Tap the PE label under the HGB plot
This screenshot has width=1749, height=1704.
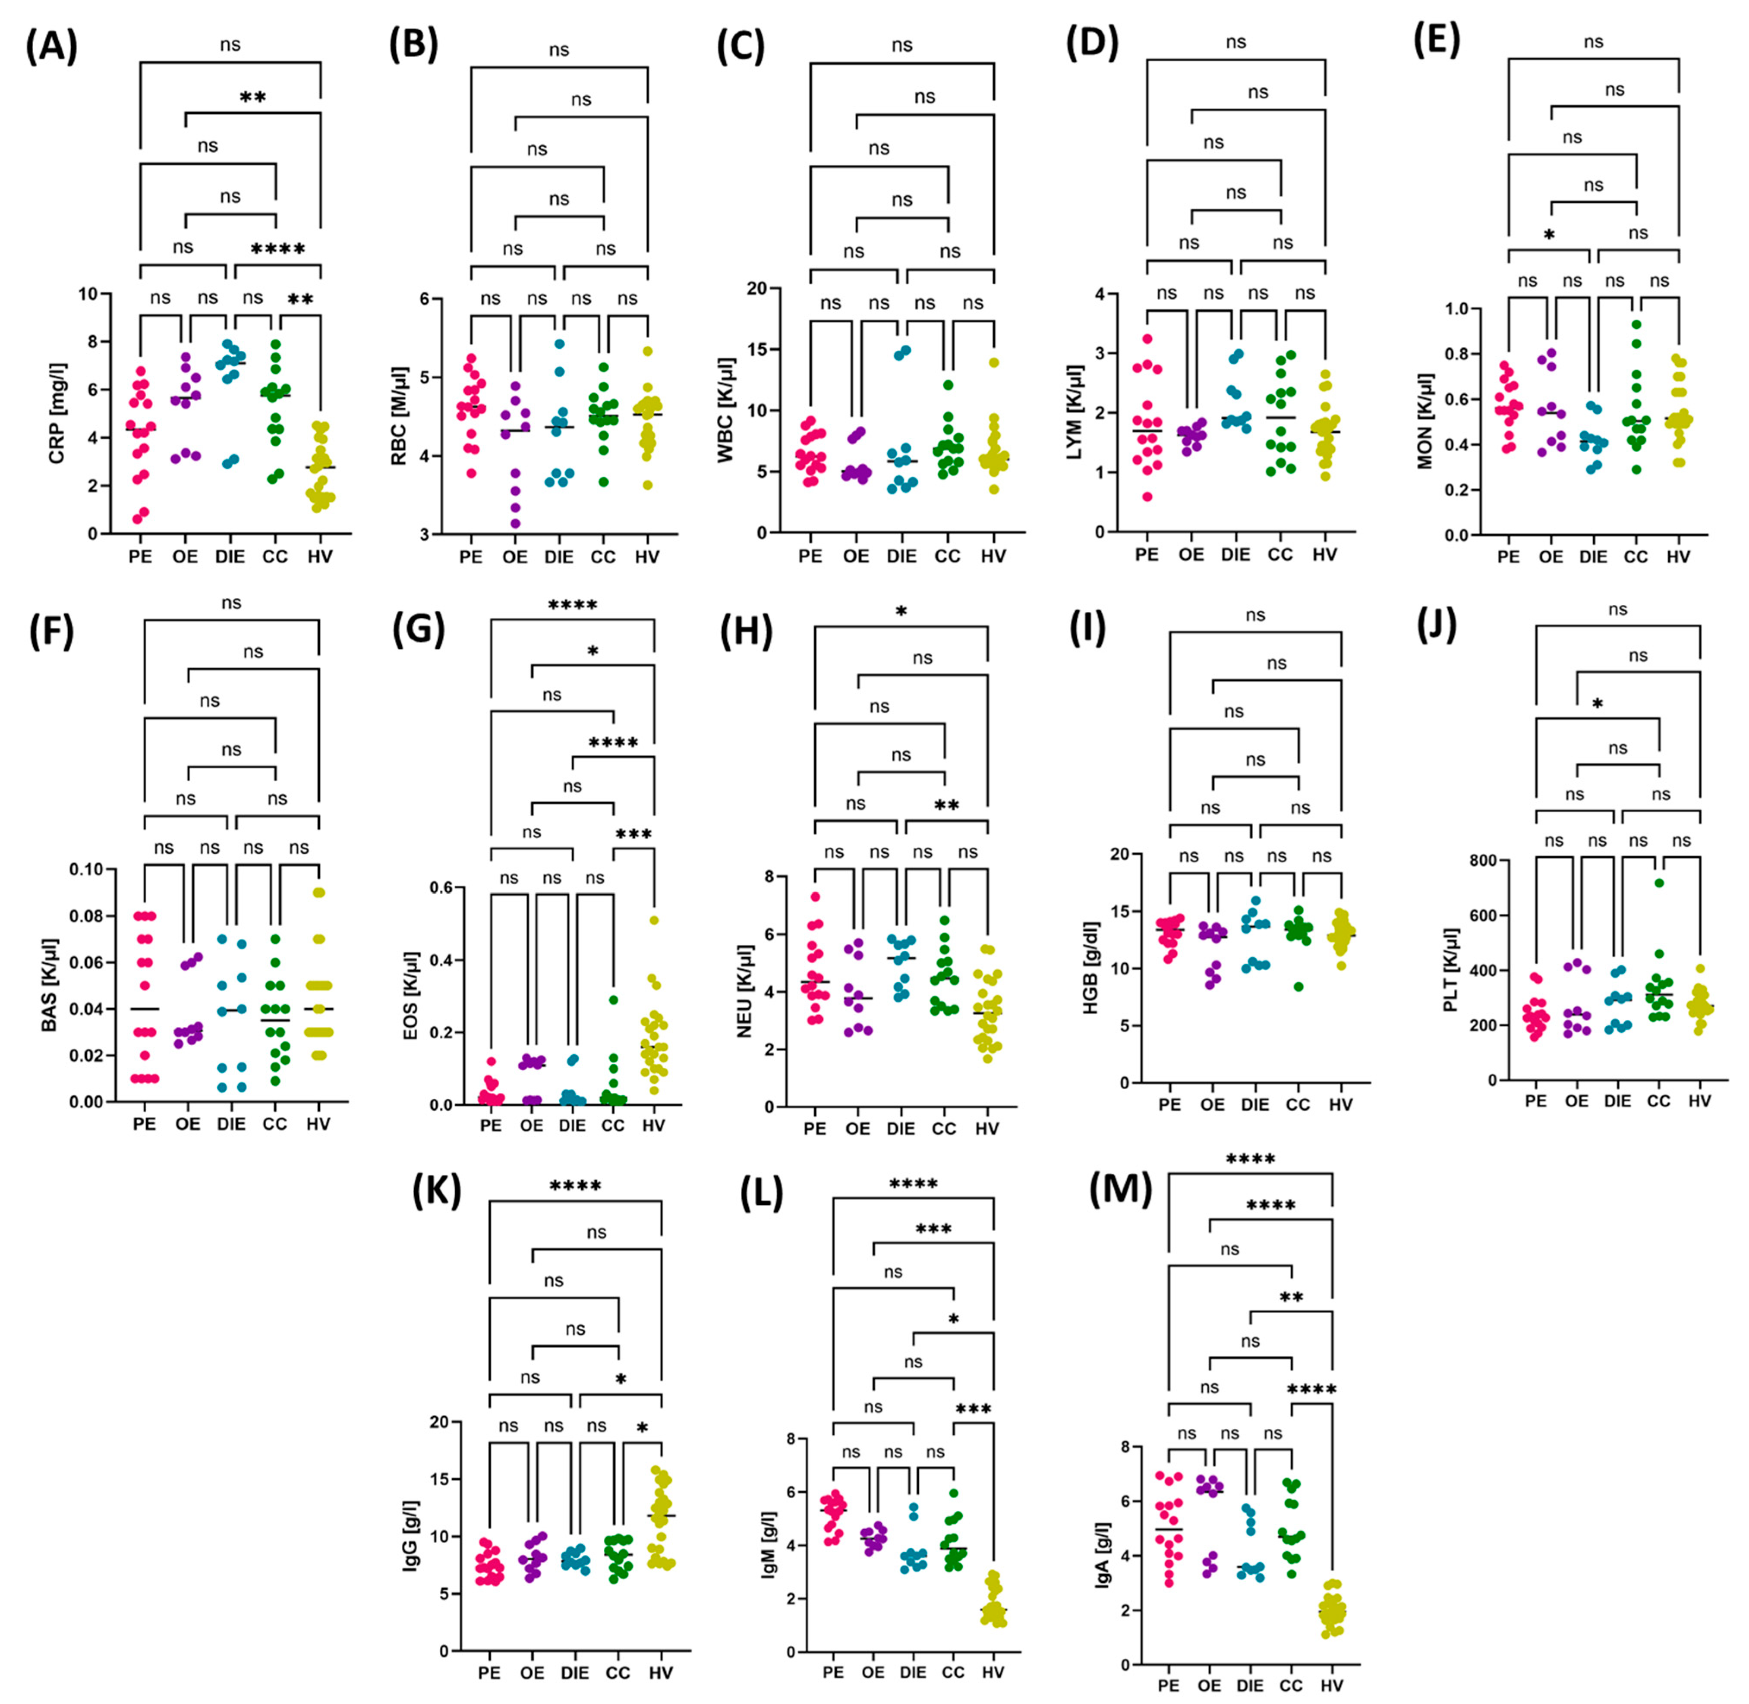1169,1104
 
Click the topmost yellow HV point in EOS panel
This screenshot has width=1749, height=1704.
654,920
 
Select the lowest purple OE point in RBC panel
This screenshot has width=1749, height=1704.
515,524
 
